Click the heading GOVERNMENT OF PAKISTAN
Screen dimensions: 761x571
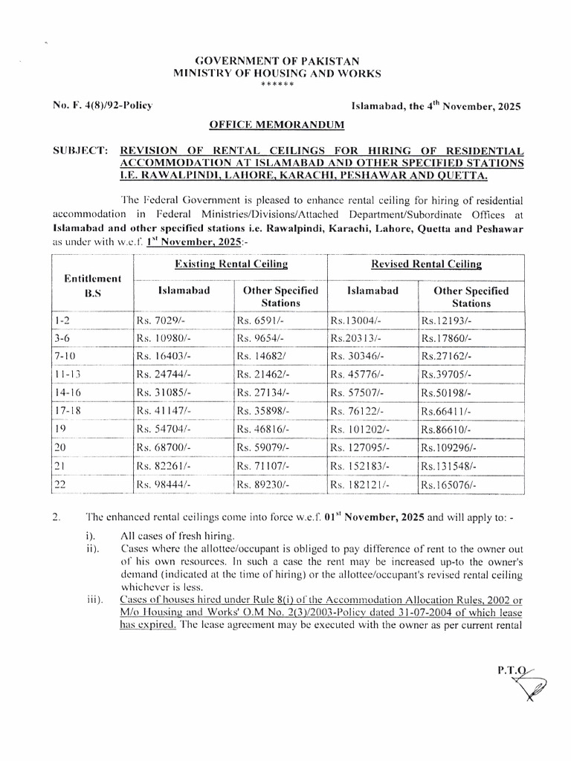pyautogui.click(x=277, y=61)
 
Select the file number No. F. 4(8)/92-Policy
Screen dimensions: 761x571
pyautogui.click(x=103, y=106)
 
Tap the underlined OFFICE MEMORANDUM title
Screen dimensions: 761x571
pyautogui.click(x=277, y=125)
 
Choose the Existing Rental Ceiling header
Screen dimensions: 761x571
pyautogui.click(x=230, y=264)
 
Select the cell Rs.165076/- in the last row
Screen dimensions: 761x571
pyautogui.click(x=448, y=485)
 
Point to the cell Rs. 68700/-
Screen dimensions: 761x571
pyautogui.click(x=163, y=448)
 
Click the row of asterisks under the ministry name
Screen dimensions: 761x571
pyautogui.click(x=277, y=85)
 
